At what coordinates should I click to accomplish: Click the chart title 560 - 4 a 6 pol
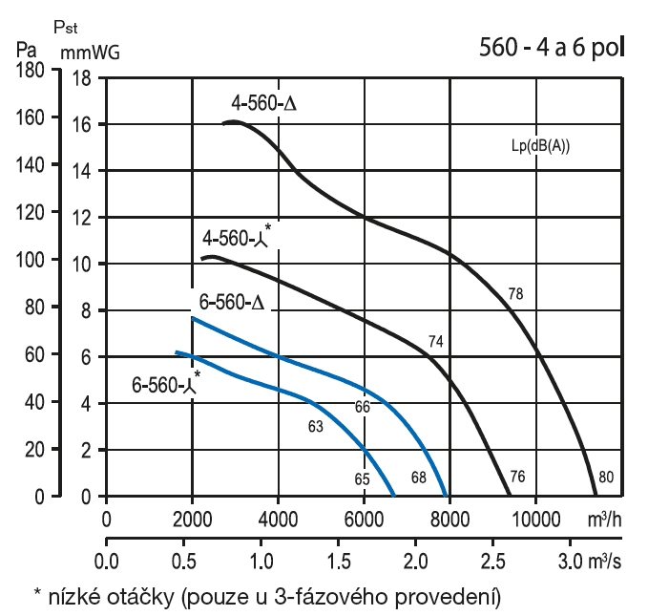click(553, 50)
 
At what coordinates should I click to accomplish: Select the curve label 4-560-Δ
click(264, 103)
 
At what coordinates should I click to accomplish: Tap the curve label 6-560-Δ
click(231, 304)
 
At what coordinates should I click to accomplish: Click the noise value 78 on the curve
click(516, 294)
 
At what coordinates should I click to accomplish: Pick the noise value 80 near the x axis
click(605, 478)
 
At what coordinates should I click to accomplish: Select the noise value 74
click(437, 342)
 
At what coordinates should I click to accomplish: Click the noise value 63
click(315, 426)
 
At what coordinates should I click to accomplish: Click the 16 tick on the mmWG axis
click(81, 123)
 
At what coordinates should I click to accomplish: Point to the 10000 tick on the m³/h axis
click(534, 519)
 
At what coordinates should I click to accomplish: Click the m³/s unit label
click(609, 557)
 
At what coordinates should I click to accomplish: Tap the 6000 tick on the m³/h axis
click(363, 519)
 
